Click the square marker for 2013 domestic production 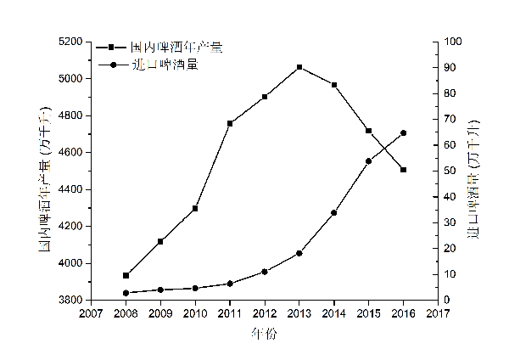[299, 67]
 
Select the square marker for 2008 [126, 275]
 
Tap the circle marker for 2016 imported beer [404, 132]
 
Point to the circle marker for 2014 [334, 212]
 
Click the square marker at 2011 [230, 123]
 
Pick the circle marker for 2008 [126, 293]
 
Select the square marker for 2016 [404, 170]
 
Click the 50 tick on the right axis [449, 171]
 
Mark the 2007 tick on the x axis [91, 312]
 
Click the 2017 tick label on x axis [439, 312]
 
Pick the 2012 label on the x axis [265, 312]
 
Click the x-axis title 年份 [264, 335]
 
